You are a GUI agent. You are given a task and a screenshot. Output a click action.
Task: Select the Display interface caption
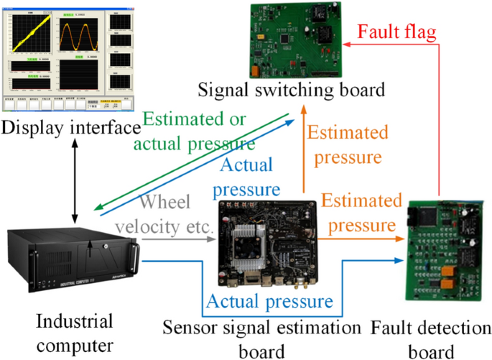pyautogui.click(x=70, y=128)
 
